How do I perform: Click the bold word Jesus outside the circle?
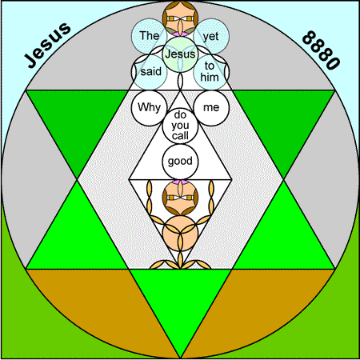(x=48, y=45)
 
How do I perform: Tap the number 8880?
(x=321, y=50)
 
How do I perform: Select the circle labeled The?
(x=150, y=36)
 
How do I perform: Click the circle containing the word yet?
(x=211, y=36)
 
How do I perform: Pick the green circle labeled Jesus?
(x=180, y=54)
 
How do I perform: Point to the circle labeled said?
(x=150, y=72)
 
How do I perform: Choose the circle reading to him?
(x=211, y=72)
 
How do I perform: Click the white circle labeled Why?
(x=149, y=108)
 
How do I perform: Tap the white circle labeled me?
(x=211, y=108)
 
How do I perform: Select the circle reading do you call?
(x=180, y=126)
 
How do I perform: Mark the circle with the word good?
(x=180, y=162)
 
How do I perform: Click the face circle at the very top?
(x=180, y=18)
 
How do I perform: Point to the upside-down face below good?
(x=180, y=198)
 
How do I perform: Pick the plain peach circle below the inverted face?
(x=180, y=234)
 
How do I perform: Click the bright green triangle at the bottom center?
(x=180, y=298)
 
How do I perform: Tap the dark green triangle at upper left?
(x=78, y=120)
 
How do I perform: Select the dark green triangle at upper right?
(x=283, y=120)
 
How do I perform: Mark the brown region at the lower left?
(x=102, y=298)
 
